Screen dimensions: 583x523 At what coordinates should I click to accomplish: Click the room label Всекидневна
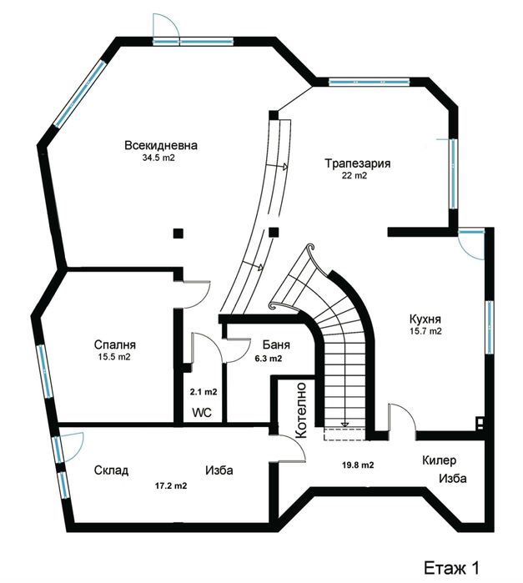click(x=156, y=144)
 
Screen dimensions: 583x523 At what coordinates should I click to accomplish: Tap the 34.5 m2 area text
click(x=158, y=157)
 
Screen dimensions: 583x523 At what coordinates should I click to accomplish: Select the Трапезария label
click(x=359, y=163)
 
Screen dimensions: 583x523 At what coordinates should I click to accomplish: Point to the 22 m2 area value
click(x=355, y=176)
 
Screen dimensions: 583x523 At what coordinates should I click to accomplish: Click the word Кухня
click(x=425, y=319)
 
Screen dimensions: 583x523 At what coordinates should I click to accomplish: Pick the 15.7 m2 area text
click(x=425, y=331)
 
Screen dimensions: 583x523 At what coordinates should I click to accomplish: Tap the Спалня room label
click(x=114, y=344)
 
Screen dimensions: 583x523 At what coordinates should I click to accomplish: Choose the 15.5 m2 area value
click(x=114, y=357)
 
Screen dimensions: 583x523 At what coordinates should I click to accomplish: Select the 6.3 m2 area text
click(x=267, y=359)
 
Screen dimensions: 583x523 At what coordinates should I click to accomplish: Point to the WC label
click(x=202, y=412)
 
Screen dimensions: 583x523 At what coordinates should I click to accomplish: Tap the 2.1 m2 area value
click(x=204, y=391)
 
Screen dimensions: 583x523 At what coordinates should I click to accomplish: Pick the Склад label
click(x=111, y=470)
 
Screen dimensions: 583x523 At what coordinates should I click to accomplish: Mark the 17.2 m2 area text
click(x=170, y=485)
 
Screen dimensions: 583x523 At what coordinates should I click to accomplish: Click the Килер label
click(x=440, y=460)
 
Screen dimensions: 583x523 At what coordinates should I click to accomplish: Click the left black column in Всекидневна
click(x=177, y=234)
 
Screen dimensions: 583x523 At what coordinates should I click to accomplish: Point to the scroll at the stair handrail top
click(x=310, y=249)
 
